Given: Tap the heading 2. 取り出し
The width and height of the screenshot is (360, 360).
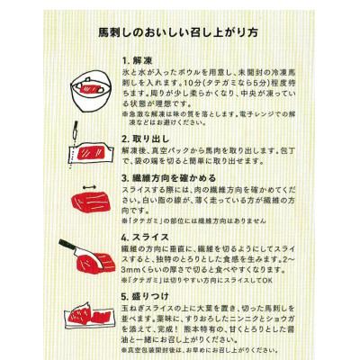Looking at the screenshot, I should [148, 139].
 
